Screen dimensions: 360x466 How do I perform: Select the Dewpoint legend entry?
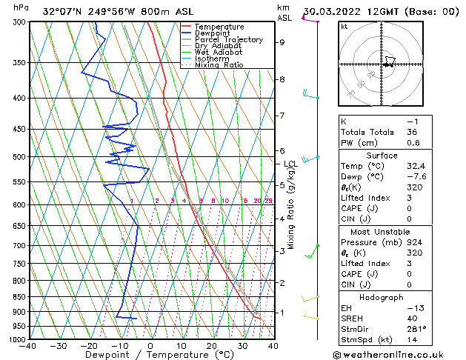212,33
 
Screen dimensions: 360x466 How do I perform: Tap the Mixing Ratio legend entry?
220,65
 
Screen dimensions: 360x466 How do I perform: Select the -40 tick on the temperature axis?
28,346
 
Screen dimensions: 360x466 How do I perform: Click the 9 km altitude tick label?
282,42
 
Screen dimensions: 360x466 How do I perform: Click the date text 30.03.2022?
330,11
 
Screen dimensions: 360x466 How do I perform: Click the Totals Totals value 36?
413,132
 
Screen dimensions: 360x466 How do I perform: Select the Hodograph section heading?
382,297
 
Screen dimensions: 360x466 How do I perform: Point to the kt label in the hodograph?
344,26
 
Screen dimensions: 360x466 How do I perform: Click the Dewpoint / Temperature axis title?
150,355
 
